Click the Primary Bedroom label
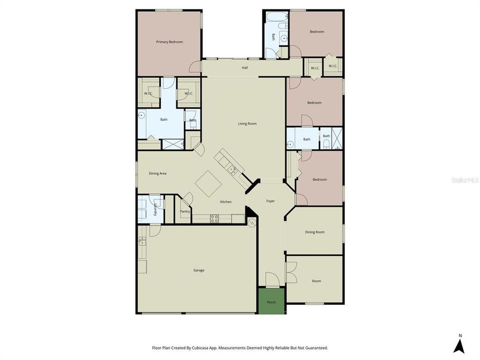pyautogui.click(x=169, y=42)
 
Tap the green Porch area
pyautogui.click(x=271, y=301)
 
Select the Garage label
pyautogui.click(x=198, y=270)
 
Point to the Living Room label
pyautogui.click(x=247, y=123)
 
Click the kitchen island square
pyautogui.click(x=208, y=183)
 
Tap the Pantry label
pyautogui.click(x=184, y=211)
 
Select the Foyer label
pyautogui.click(x=270, y=201)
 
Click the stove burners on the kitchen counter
pyautogui.click(x=214, y=218)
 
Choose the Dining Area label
pyautogui.click(x=157, y=173)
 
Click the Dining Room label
pyautogui.click(x=315, y=232)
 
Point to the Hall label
pyautogui.click(x=245, y=67)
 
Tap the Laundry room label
pyautogui.click(x=156, y=209)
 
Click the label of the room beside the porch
pyautogui.click(x=316, y=281)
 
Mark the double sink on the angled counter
pyautogui.click(x=231, y=170)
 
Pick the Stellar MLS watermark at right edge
pyautogui.click(x=464, y=179)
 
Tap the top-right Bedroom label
pyautogui.click(x=316, y=31)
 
